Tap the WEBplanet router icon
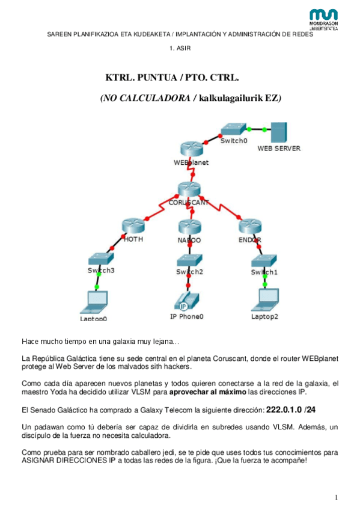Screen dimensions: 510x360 coord(191,150)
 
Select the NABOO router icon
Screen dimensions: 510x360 coord(189,227)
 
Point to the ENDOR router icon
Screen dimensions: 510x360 coord(249,227)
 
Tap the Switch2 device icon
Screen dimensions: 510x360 coord(189,259)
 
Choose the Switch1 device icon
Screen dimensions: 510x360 coord(264,259)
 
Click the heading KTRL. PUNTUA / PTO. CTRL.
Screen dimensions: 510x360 coord(172,78)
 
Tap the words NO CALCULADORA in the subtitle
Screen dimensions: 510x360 coord(147,97)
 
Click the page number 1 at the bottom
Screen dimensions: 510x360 coord(337,497)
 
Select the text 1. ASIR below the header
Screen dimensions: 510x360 coord(180,48)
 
